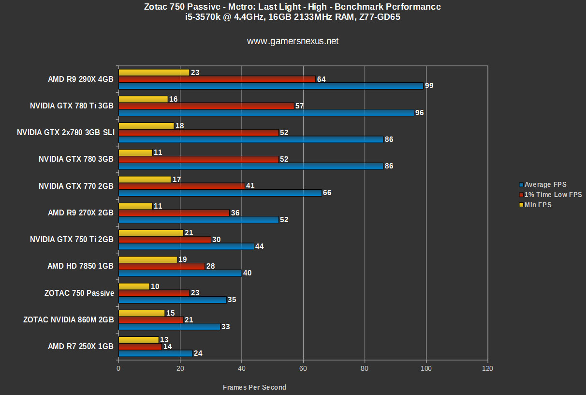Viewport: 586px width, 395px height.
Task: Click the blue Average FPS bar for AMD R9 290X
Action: coord(271,86)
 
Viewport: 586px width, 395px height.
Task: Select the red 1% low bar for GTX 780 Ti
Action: coord(206,106)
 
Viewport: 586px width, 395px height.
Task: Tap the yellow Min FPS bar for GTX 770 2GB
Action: coord(145,179)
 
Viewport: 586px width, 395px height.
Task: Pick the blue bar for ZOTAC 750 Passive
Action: coord(172,300)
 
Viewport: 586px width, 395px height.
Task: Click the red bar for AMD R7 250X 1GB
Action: coord(140,347)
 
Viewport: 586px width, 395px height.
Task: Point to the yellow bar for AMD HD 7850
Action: coord(147,259)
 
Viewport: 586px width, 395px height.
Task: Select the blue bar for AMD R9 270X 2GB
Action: coord(198,219)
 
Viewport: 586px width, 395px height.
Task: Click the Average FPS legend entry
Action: coord(545,184)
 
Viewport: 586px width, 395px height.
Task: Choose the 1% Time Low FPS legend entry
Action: coord(553,195)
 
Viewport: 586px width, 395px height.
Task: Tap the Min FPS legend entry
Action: coord(538,205)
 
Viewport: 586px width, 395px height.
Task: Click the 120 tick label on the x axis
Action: coord(488,368)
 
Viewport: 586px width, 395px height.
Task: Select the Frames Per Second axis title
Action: coord(254,387)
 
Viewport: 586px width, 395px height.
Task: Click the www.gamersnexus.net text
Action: coord(293,41)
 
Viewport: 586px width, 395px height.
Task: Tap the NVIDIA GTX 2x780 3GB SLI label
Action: coord(66,132)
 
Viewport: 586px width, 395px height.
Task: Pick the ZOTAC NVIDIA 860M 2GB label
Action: coord(68,319)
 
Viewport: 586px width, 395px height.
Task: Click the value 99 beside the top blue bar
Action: coord(429,86)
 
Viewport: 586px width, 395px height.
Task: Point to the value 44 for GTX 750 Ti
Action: coord(260,246)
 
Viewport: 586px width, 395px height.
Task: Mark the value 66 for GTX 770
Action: coord(327,193)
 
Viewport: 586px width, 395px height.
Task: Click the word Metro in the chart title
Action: coord(237,7)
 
